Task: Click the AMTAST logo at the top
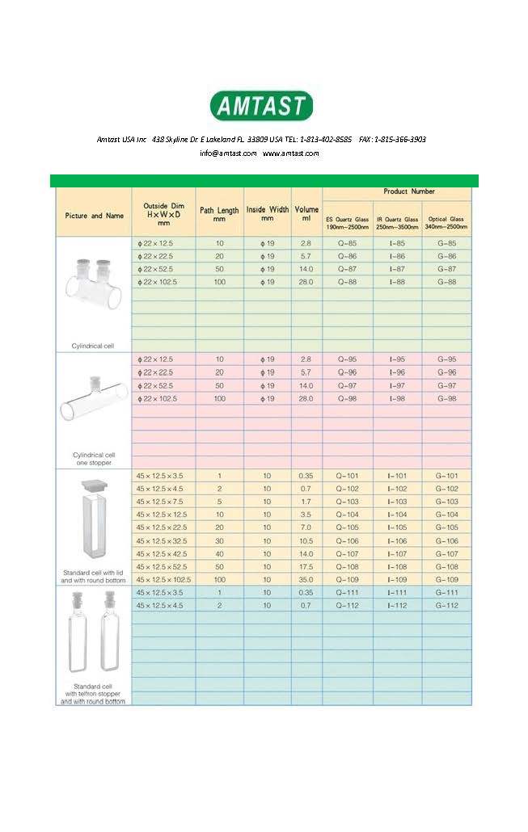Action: coord(261,106)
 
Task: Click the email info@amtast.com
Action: coord(228,153)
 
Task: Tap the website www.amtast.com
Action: coord(291,153)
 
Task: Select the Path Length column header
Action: coord(219,214)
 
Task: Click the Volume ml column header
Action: coord(306,214)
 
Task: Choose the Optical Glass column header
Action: coord(446,223)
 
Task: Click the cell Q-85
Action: coord(348,243)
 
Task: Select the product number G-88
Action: coord(446,281)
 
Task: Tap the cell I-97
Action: coord(397,385)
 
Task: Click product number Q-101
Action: coord(348,476)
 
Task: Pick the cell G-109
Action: coord(446,579)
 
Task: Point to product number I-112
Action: coord(397,605)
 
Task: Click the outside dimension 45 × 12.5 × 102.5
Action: coord(163,579)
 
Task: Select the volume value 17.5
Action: coord(306,566)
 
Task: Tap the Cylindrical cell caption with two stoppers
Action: coord(91,345)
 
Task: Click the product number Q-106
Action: coord(348,540)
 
